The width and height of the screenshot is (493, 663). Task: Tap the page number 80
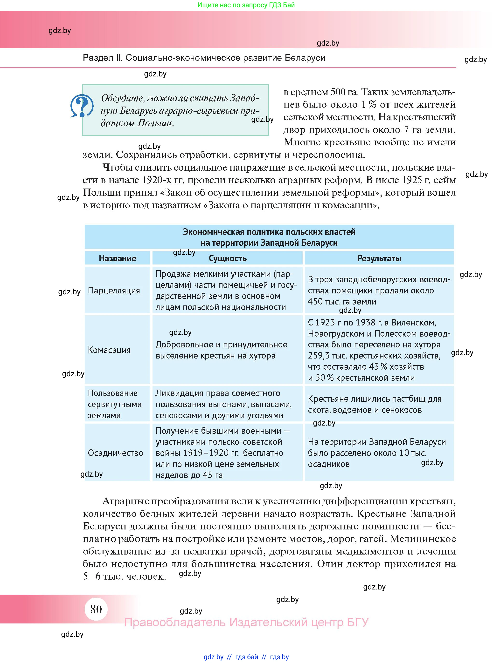pyautogui.click(x=96, y=609)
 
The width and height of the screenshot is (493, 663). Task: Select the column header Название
pyautogui.click(x=117, y=258)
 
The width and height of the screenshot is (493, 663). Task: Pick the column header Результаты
pyautogui.click(x=379, y=258)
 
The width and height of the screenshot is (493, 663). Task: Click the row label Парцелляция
pyautogui.click(x=114, y=290)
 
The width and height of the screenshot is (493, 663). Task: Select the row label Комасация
pyautogui.click(x=109, y=350)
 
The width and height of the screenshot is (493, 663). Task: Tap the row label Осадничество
pyautogui.click(x=116, y=453)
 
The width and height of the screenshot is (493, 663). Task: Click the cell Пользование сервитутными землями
pyautogui.click(x=115, y=404)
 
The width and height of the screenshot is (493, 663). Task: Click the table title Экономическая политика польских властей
pyautogui.click(x=269, y=232)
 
